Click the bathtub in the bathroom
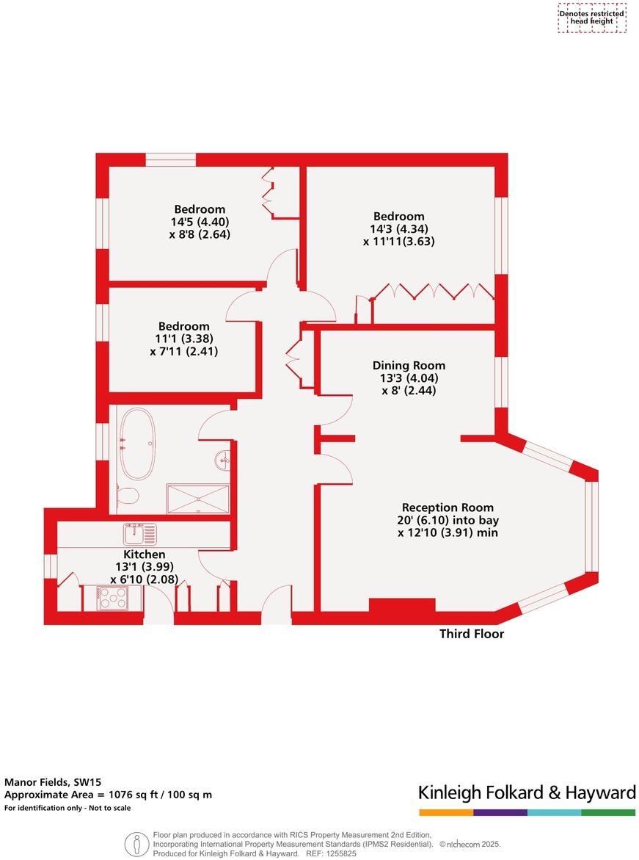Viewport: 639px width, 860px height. tap(137, 444)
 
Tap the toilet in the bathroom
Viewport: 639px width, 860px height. tap(128, 495)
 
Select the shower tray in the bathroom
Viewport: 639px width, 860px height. tap(197, 498)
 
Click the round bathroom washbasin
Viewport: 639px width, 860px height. tap(223, 461)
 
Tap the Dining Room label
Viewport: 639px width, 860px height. tap(409, 366)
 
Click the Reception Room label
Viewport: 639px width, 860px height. tap(448, 507)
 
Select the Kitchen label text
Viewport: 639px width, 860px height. tap(144, 554)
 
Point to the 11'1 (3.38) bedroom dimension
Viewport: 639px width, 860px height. tap(184, 339)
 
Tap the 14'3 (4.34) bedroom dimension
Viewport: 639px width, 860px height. tap(398, 228)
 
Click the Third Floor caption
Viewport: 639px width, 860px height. tap(472, 634)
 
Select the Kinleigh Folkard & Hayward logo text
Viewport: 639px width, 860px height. tap(526, 792)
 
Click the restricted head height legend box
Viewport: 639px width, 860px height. tap(592, 18)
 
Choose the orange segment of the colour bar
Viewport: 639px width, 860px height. tap(446, 813)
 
